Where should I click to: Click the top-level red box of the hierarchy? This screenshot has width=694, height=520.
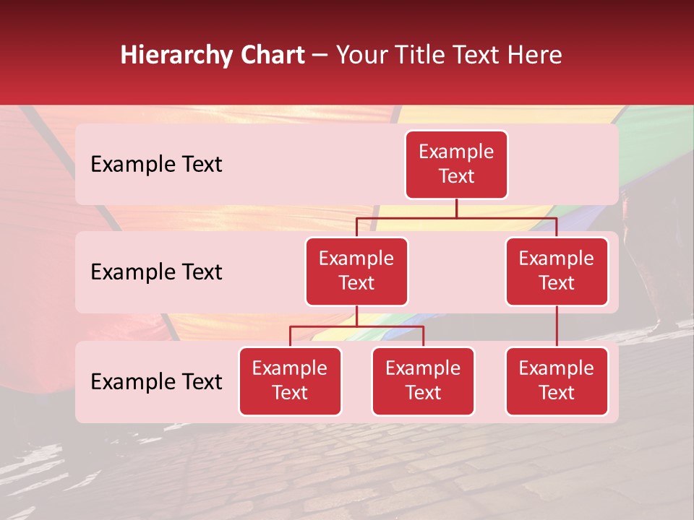click(456, 165)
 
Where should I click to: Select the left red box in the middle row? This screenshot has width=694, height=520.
click(356, 271)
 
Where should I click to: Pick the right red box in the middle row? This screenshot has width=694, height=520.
click(557, 271)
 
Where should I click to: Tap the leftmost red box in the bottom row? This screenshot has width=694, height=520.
click(290, 381)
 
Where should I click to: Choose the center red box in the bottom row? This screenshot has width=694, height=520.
click(423, 381)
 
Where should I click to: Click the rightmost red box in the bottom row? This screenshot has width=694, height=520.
click(557, 381)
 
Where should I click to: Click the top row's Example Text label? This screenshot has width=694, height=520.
click(156, 165)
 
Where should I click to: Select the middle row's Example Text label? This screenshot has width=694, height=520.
click(156, 272)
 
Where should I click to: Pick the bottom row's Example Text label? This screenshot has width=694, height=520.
click(156, 382)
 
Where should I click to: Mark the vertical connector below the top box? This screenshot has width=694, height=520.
click(456, 208)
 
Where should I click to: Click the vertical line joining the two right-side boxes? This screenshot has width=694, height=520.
click(557, 326)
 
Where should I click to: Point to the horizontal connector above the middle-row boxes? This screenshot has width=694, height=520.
click(456, 217)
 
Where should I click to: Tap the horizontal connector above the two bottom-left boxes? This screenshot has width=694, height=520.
click(356, 326)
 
